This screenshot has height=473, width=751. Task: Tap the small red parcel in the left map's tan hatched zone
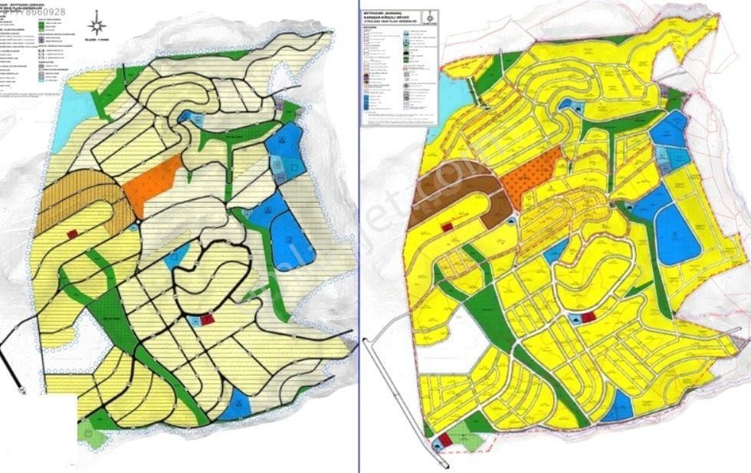tap(74, 234)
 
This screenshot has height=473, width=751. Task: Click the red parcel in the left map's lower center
tap(208, 320)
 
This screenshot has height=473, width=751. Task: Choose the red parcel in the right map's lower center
tap(588, 317)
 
